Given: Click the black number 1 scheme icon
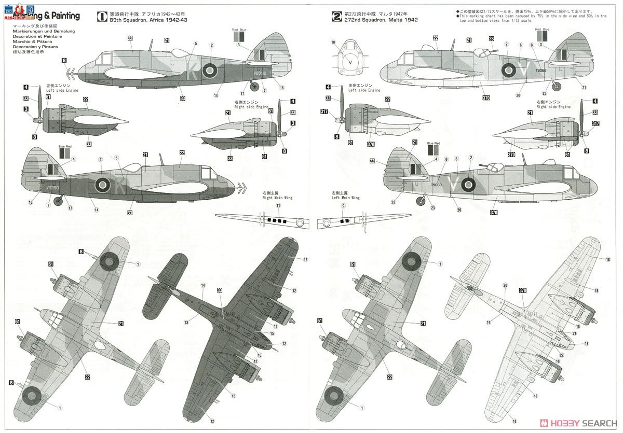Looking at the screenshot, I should coord(103,16).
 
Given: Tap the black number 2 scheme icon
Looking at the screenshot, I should coord(337,16).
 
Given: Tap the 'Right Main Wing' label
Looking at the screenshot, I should coord(275,197).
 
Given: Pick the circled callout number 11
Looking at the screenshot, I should coord(278,206).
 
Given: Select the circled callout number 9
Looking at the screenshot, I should coord(343,206).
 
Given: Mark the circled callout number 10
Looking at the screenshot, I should coord(333,42).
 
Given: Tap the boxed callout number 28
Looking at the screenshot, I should coord(491,39).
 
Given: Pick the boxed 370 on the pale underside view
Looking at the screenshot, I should coord(522,291).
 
